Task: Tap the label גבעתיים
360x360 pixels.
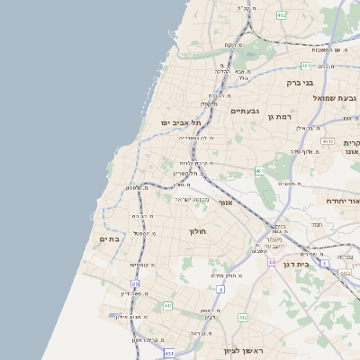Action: pos(245,111)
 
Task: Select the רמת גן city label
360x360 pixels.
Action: pos(284,117)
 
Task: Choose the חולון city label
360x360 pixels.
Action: pos(198,231)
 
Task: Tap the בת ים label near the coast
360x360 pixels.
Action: pos(109,238)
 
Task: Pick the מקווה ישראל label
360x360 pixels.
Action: pos(190,199)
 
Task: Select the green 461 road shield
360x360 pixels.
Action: pos(259,170)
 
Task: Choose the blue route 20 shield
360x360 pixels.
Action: pos(134,284)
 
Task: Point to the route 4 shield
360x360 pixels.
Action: pos(221,289)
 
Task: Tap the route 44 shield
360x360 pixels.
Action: pos(271,262)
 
